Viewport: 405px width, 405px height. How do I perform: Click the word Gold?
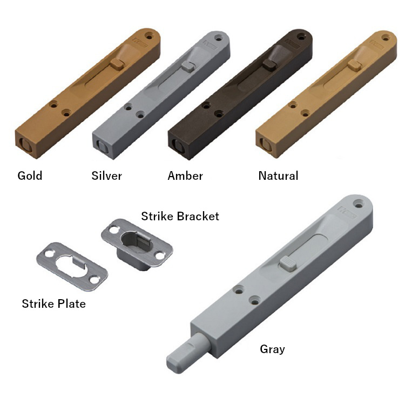(x=30, y=176)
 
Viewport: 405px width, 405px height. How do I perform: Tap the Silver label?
(x=106, y=176)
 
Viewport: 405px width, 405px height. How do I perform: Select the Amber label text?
(x=185, y=176)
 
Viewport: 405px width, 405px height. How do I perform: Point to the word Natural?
(x=278, y=176)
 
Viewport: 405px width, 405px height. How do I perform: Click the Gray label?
(x=272, y=349)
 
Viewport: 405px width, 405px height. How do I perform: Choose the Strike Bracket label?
(x=180, y=216)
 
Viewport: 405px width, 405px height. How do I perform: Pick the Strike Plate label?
(x=53, y=303)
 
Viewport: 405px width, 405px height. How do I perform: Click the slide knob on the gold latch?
(x=117, y=64)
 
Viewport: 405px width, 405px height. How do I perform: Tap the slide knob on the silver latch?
(x=188, y=66)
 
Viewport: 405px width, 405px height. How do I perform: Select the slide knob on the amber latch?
(x=269, y=64)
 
